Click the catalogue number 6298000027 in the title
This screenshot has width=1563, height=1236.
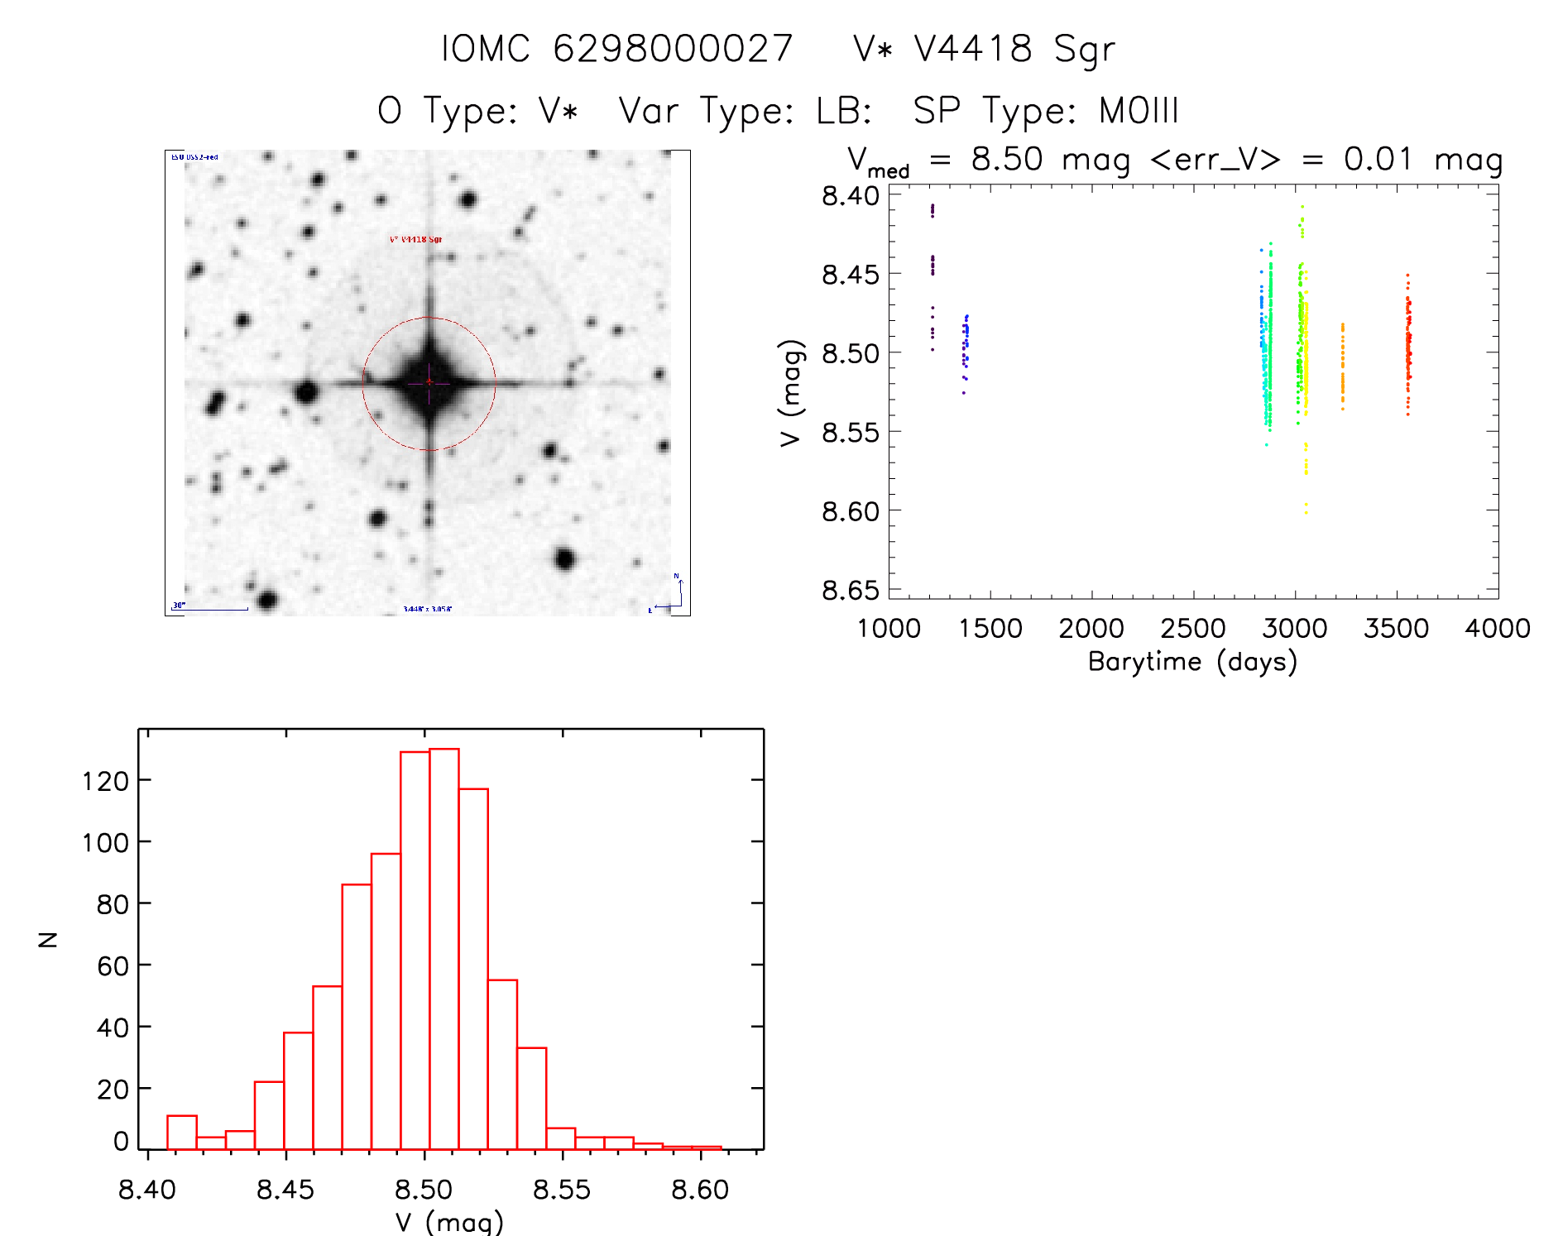click(x=673, y=49)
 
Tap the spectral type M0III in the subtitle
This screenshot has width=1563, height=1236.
click(x=1139, y=111)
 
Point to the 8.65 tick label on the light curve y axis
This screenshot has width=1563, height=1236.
click(x=850, y=591)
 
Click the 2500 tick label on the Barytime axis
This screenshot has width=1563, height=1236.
click(x=1192, y=629)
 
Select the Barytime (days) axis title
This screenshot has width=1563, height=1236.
click(x=1192, y=662)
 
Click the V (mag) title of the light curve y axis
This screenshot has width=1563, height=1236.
click(x=791, y=393)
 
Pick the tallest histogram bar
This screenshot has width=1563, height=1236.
click(x=444, y=948)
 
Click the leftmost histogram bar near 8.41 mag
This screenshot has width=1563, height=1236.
click(x=182, y=1133)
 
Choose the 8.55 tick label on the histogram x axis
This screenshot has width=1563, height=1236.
click(x=562, y=1190)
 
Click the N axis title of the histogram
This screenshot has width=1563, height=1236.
click(x=49, y=939)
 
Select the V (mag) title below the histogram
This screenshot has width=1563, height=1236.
click(x=449, y=1222)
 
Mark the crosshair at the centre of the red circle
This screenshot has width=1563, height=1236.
click(x=429, y=382)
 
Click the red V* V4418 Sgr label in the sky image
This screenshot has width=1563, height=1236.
click(x=415, y=240)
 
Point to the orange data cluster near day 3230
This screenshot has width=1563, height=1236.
click(x=1342, y=368)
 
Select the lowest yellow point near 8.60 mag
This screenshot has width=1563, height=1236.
click(x=1306, y=512)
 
